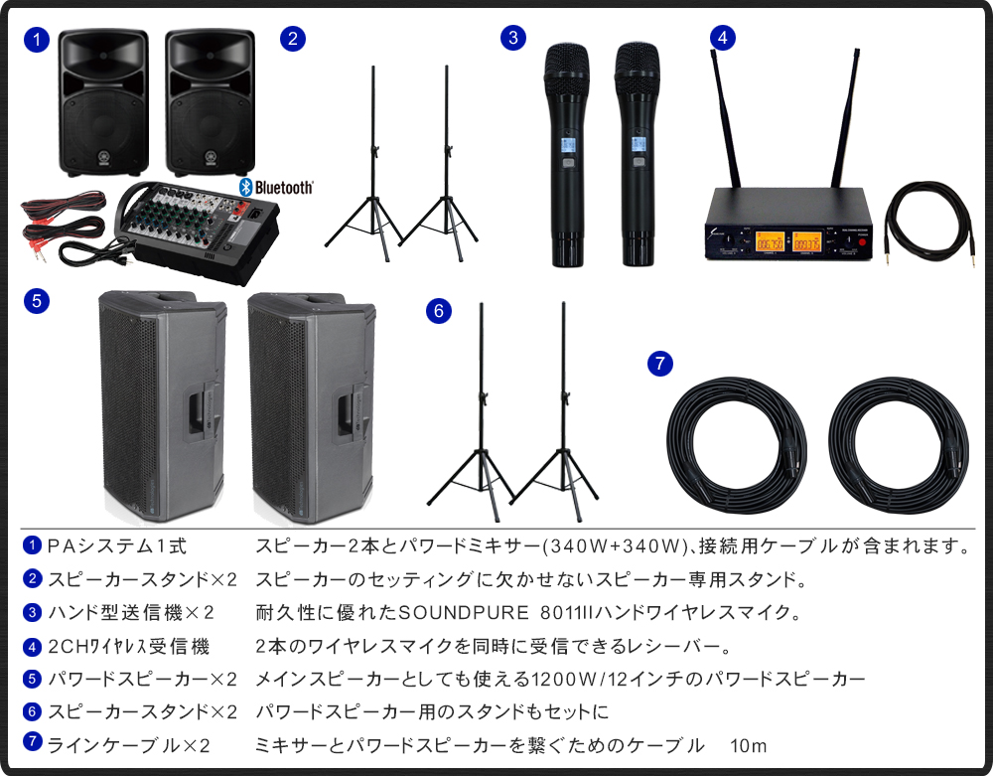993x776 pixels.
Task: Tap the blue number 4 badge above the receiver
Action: pos(723,38)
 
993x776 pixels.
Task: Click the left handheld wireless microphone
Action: pos(566,154)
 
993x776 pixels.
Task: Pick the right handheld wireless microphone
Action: pos(637,154)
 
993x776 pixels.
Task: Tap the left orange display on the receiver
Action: pos(769,241)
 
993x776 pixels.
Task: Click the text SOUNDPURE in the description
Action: pos(452,611)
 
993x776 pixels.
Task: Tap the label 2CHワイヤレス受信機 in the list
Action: pos(128,647)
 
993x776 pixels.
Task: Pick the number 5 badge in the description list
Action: pos(33,680)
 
